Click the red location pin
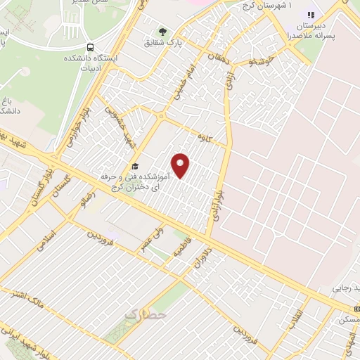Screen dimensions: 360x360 [181, 165]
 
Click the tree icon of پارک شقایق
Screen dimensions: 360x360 [163, 32]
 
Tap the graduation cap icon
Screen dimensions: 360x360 [134, 167]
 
